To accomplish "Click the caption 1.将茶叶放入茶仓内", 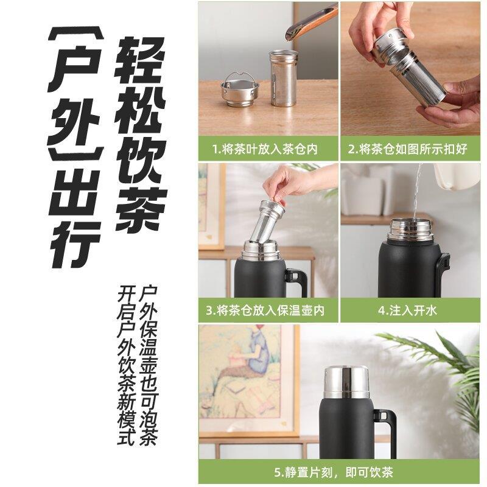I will pyautogui.click(x=267, y=149).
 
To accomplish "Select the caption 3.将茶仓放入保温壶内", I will pyautogui.click(x=267, y=311).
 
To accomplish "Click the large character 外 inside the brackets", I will pyautogui.click(x=74, y=125).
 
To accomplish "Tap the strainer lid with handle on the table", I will pyautogui.click(x=239, y=89).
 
